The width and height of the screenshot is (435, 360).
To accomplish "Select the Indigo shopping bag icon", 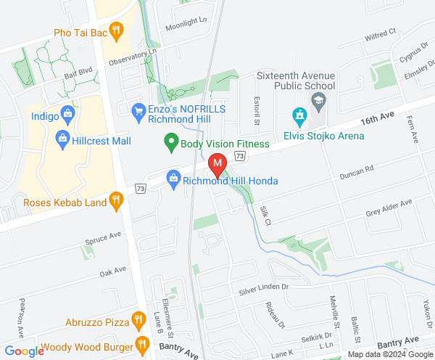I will (x=67, y=113).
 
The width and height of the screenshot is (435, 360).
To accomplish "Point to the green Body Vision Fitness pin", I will (x=171, y=143).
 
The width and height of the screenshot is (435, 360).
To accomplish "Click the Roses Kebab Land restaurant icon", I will (x=116, y=201).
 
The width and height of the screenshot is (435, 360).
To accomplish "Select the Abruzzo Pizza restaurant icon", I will (x=138, y=319).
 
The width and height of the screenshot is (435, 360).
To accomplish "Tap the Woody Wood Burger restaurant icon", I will (x=141, y=344).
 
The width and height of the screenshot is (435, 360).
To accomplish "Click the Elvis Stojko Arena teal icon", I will (x=298, y=115).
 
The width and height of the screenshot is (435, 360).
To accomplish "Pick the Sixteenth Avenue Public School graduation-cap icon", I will (x=318, y=99).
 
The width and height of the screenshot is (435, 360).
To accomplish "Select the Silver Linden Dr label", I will (x=264, y=290).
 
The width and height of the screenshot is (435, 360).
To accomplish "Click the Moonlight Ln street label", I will (x=186, y=25).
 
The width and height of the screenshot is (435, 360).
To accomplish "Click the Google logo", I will (x=22, y=351).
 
